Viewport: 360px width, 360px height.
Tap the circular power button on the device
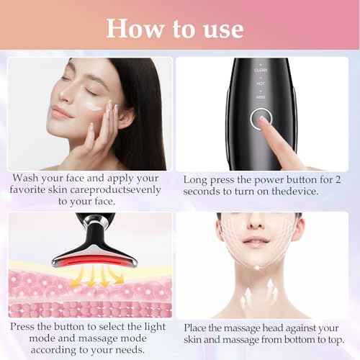tap(260, 120)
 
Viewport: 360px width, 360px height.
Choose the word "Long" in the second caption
tap(197, 179)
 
